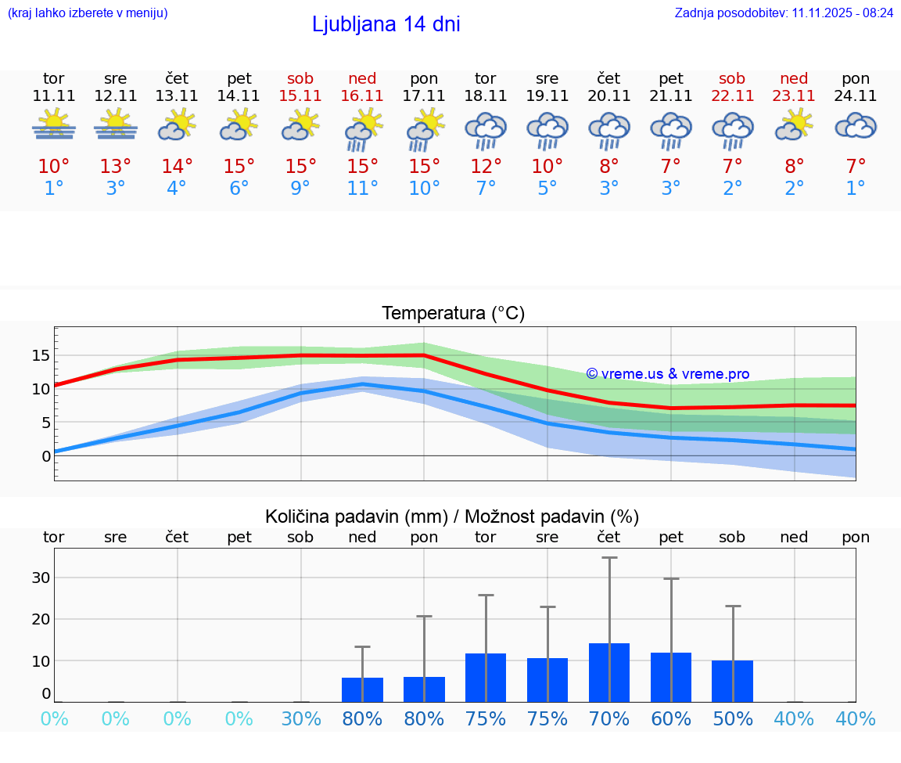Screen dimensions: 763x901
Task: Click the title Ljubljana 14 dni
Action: click(x=386, y=24)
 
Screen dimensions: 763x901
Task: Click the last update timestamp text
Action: click(x=784, y=13)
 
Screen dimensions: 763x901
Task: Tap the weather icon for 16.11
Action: click(x=362, y=129)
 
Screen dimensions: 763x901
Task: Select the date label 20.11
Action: click(x=608, y=96)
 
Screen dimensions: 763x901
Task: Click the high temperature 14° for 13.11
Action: click(x=177, y=167)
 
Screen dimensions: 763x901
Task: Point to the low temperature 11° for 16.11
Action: click(x=362, y=189)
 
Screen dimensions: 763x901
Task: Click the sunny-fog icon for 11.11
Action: click(x=54, y=125)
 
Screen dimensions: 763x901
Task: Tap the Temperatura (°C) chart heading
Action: click(x=453, y=314)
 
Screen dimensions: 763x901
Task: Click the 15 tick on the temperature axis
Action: click(x=41, y=355)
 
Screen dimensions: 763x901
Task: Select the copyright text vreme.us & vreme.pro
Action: click(x=667, y=374)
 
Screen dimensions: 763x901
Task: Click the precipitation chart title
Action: click(x=452, y=516)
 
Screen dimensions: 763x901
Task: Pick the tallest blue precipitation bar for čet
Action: click(x=609, y=672)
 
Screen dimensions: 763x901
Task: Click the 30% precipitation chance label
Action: click(x=301, y=719)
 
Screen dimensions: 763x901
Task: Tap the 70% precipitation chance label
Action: click(x=609, y=719)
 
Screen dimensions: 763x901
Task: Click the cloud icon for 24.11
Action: click(x=856, y=127)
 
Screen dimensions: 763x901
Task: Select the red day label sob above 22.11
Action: click(x=732, y=78)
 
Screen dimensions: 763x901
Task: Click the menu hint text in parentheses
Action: click(x=88, y=13)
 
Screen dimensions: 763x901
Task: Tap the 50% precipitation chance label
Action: click(x=733, y=719)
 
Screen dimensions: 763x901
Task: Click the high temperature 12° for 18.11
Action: click(x=486, y=167)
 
